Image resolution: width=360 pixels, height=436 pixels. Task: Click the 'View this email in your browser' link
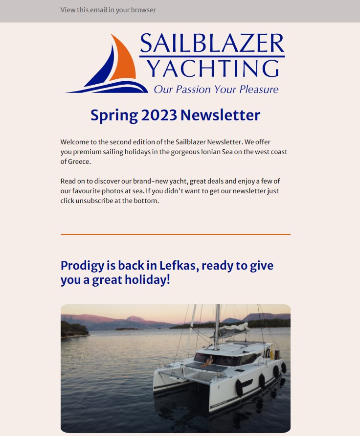tap(108, 10)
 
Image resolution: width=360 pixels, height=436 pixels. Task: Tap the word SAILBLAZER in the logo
tap(211, 44)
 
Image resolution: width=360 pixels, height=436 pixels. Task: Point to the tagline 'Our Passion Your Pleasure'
tap(216, 90)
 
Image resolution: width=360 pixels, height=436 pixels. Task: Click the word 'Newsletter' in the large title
tap(220, 115)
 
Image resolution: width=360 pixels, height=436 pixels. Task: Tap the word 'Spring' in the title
tap(114, 116)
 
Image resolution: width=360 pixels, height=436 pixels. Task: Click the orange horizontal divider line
tap(175, 234)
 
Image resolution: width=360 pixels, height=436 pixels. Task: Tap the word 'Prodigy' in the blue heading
tap(82, 266)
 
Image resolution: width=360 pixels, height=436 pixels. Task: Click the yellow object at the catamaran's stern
tap(272, 354)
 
